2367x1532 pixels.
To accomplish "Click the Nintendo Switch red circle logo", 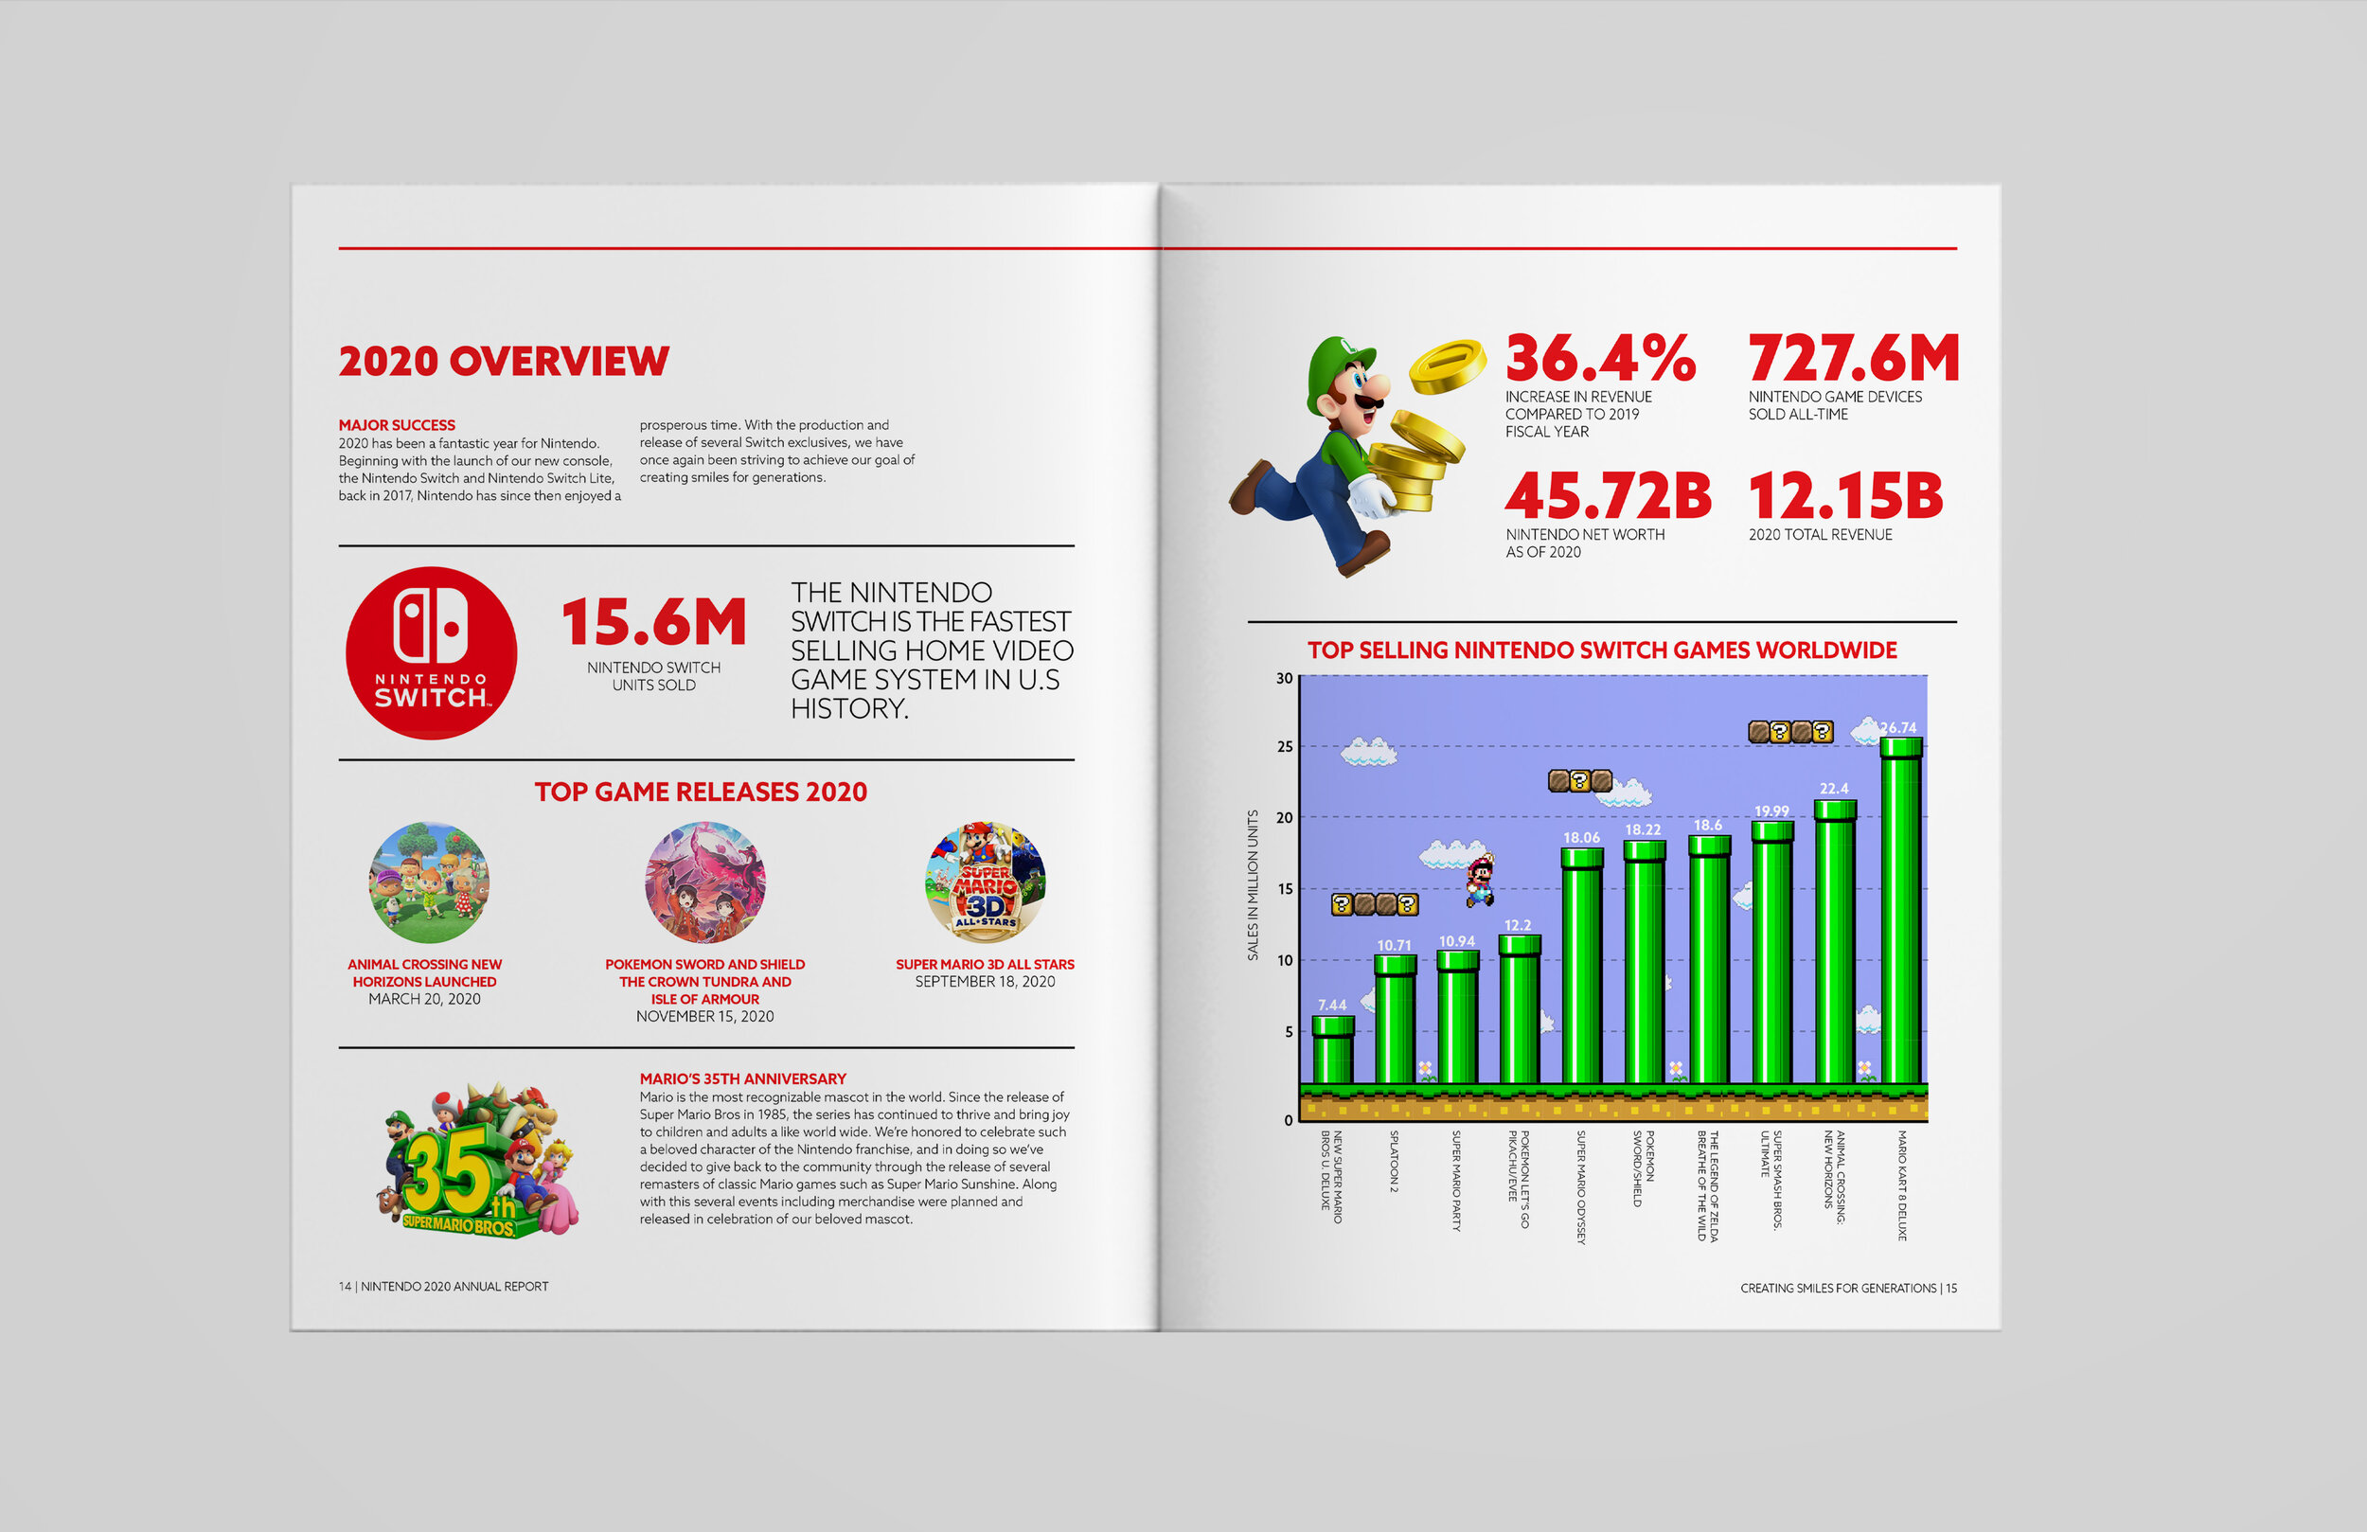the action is click(432, 652).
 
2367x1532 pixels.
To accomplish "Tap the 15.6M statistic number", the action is click(654, 622).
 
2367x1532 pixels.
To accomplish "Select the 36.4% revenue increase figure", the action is click(1600, 358).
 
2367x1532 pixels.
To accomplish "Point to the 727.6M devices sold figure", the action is click(1854, 358).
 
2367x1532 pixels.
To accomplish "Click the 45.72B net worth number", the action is click(1609, 495).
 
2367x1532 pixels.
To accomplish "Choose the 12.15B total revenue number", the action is click(1846, 495).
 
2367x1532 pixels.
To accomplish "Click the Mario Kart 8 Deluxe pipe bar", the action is click(1900, 910).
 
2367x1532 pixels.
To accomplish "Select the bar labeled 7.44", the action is click(1333, 1049).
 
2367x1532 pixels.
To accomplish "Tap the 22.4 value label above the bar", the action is click(1834, 789).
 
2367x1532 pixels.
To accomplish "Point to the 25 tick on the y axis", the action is click(1285, 746).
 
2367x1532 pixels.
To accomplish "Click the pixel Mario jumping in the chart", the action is click(1480, 882).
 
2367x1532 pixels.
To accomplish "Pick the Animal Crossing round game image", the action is click(429, 882).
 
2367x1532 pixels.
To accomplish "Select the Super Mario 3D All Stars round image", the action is click(985, 882).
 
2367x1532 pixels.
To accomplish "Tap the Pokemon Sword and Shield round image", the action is click(705, 882).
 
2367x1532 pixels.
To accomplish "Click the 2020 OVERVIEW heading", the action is click(504, 361).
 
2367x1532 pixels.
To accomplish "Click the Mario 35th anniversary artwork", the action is click(477, 1160).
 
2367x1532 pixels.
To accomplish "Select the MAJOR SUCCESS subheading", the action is click(397, 425).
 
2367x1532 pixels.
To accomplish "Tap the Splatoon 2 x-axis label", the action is click(1395, 1161).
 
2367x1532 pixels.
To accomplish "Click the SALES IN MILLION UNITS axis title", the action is click(1254, 885).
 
